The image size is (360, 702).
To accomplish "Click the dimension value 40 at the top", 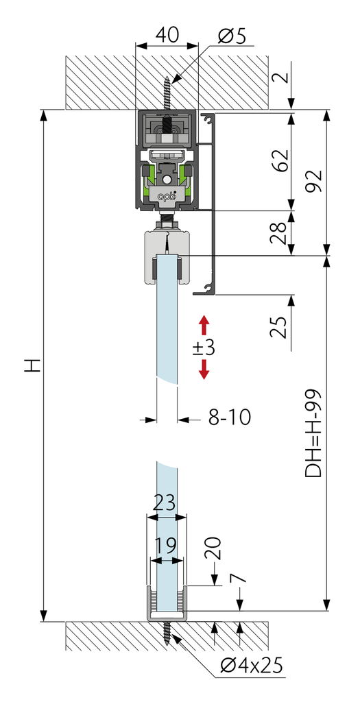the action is [x=167, y=35].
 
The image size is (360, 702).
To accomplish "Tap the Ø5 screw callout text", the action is [x=232, y=36].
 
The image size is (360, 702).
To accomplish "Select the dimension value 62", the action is [x=280, y=160].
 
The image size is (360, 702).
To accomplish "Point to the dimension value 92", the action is [x=315, y=180].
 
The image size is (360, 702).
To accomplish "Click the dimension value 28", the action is [x=280, y=232].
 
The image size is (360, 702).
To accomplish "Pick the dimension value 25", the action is [x=279, y=327].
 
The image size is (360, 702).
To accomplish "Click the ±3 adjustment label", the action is [x=204, y=348].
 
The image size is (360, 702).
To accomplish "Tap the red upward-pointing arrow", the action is [x=204, y=325].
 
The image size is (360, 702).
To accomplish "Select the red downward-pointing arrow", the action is [x=204, y=370].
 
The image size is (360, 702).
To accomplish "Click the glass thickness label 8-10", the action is [x=230, y=417].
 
